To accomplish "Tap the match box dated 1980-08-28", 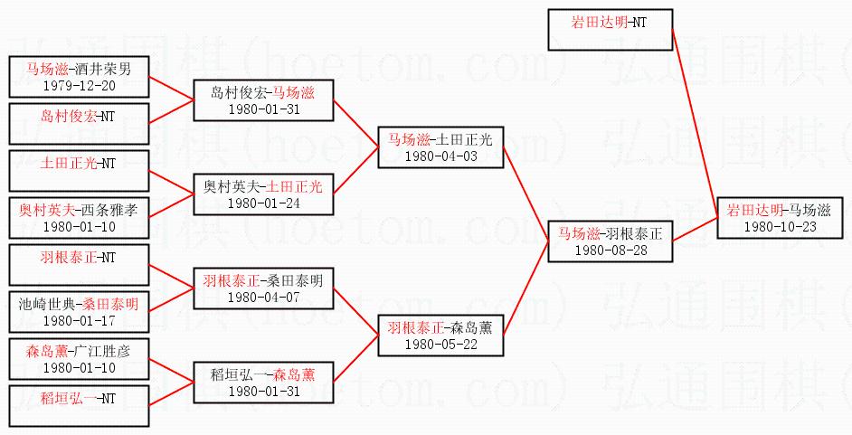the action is tap(610, 241).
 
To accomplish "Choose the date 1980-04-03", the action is tap(440, 156).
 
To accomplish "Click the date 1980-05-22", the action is tap(440, 344).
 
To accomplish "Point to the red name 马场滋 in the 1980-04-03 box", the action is tap(407, 139).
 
